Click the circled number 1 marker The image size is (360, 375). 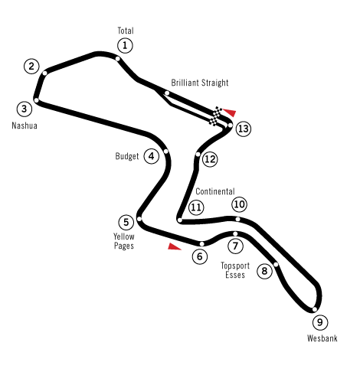pos(125,46)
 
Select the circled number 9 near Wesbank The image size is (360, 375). pos(320,322)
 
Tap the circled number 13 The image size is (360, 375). pos(244,129)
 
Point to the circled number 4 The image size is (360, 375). pos(152,156)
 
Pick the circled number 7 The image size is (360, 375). pos(235,246)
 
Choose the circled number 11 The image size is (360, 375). pos(196,207)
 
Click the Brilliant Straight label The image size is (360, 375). pos(200,83)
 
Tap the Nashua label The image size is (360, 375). pos(25,126)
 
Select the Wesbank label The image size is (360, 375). pos(322,338)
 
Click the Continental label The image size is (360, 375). pos(215,191)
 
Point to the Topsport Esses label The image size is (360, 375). pos(235,270)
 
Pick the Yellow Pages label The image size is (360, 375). pos(124,241)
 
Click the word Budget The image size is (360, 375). pos(127,156)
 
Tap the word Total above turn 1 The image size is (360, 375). pos(126,31)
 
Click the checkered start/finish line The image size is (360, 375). pos(216,116)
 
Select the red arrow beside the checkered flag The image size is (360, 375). pos(230,112)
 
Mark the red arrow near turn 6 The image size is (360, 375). pos(174,246)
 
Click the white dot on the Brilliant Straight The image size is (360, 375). pos(167,93)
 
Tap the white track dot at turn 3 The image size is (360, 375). pos(37,100)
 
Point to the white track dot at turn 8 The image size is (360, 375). pos(276,264)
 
